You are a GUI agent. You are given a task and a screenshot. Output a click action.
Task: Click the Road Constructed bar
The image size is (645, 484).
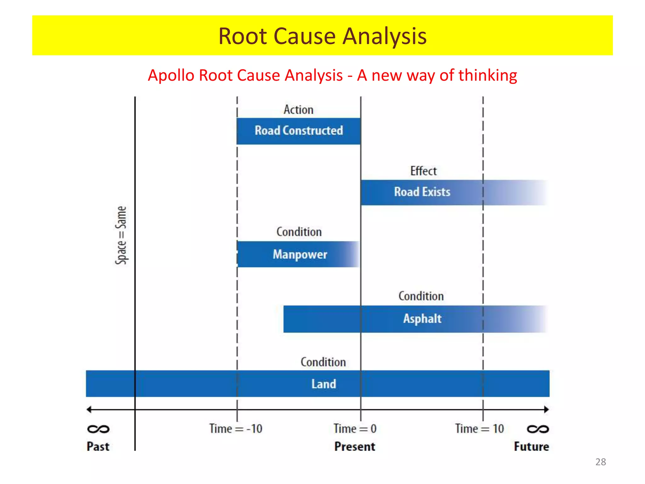299,131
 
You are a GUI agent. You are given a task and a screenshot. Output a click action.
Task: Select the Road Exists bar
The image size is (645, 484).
422,192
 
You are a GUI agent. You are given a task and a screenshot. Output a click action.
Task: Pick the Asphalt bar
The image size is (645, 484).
422,319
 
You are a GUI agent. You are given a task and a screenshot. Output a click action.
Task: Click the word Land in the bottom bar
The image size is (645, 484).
324,384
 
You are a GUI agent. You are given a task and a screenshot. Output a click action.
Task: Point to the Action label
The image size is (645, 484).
298,110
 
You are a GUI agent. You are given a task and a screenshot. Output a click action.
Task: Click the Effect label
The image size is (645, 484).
423,171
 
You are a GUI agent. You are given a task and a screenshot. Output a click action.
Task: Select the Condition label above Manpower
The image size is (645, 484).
299,232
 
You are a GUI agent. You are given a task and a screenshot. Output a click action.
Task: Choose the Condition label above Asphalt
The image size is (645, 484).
421,296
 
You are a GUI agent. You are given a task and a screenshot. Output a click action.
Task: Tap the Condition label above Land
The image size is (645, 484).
323,362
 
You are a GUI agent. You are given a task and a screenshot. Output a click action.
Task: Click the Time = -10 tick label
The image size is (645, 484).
236,429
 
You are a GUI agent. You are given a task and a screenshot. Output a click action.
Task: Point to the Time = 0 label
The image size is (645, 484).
355,429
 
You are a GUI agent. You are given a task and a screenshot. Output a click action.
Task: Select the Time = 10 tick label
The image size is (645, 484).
479,429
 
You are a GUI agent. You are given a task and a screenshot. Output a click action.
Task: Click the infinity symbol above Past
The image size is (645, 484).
98,429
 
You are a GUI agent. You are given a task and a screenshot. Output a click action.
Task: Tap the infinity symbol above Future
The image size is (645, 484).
538,429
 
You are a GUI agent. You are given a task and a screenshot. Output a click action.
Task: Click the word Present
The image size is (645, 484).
355,447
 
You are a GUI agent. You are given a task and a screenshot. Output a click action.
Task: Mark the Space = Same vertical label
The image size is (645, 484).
121,235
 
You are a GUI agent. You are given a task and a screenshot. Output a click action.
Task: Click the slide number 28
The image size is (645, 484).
600,462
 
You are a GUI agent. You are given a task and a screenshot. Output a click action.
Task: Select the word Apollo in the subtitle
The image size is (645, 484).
171,76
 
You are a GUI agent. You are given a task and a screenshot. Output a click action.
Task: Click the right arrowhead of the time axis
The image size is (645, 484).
546,409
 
